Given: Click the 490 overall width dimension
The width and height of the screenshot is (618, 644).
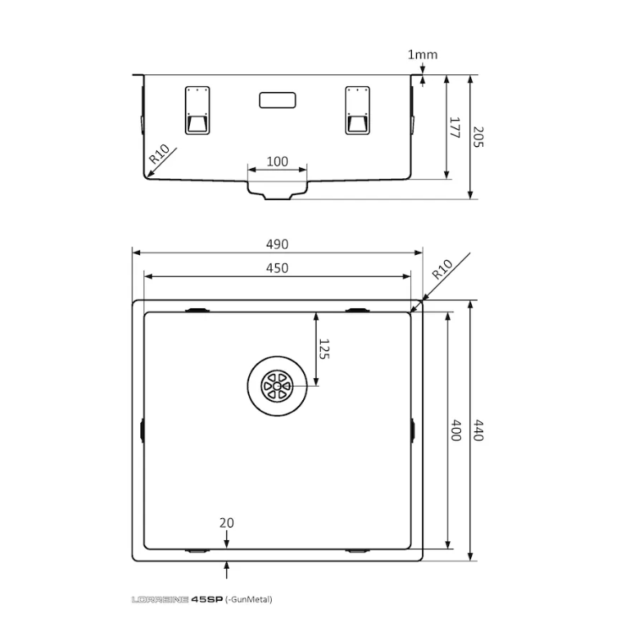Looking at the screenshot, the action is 278,245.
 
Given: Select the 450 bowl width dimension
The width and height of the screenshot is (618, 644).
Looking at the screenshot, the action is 278,268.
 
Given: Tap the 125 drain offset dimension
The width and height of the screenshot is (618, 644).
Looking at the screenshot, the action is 324,349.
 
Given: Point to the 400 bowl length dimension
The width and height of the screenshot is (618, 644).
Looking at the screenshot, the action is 456,430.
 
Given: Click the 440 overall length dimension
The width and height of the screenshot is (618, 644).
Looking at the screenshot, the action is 478,430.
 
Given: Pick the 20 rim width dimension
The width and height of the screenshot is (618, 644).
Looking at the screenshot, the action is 226,522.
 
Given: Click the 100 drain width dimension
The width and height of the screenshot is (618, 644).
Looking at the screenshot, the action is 278,161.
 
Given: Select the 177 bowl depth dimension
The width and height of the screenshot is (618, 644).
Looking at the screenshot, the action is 454,127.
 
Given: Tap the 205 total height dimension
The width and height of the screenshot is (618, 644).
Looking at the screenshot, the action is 478,137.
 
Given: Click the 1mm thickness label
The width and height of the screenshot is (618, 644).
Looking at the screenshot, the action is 422,55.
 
